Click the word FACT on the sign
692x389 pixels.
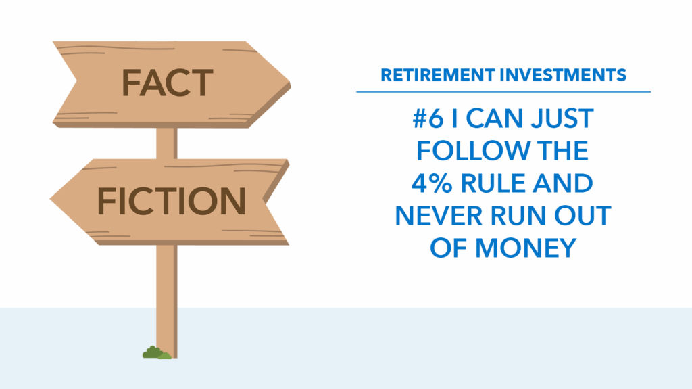pyautogui.click(x=168, y=83)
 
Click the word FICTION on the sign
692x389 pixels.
pyautogui.click(x=171, y=201)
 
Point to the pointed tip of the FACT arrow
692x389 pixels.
pyautogui.click(x=290, y=83)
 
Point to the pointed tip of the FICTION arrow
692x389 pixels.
pyautogui.click(x=51, y=200)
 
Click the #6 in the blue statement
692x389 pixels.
pyautogui.click(x=428, y=118)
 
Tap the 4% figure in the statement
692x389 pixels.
pyautogui.click(x=432, y=183)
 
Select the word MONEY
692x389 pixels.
pyautogui.click(x=526, y=248)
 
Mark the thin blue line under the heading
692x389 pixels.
pyautogui.click(x=503, y=92)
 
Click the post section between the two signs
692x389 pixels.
pyautogui.click(x=167, y=143)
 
